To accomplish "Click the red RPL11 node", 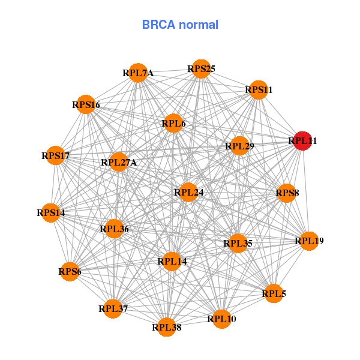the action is click(x=302, y=142).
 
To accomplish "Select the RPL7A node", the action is click(x=139, y=73).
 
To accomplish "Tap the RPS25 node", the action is click(x=201, y=69).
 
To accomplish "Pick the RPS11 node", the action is click(x=259, y=90).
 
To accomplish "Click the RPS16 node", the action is click(x=86, y=105).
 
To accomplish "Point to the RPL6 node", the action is click(x=173, y=124).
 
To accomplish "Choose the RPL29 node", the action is click(x=239, y=146).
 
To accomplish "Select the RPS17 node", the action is click(x=56, y=156).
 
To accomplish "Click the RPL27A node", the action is click(x=119, y=162).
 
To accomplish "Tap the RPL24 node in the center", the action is click(x=188, y=193).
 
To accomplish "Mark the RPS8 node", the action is click(x=287, y=193).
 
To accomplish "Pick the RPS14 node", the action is click(x=51, y=212).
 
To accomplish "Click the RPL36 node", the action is click(x=114, y=228).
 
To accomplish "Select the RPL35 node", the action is click(x=238, y=243).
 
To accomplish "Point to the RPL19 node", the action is click(x=309, y=241).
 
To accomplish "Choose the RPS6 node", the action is click(x=70, y=272).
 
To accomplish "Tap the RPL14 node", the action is click(x=172, y=261).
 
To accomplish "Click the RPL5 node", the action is click(x=274, y=293).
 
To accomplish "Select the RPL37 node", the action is click(x=113, y=309).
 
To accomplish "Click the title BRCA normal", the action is click(x=180, y=25).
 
